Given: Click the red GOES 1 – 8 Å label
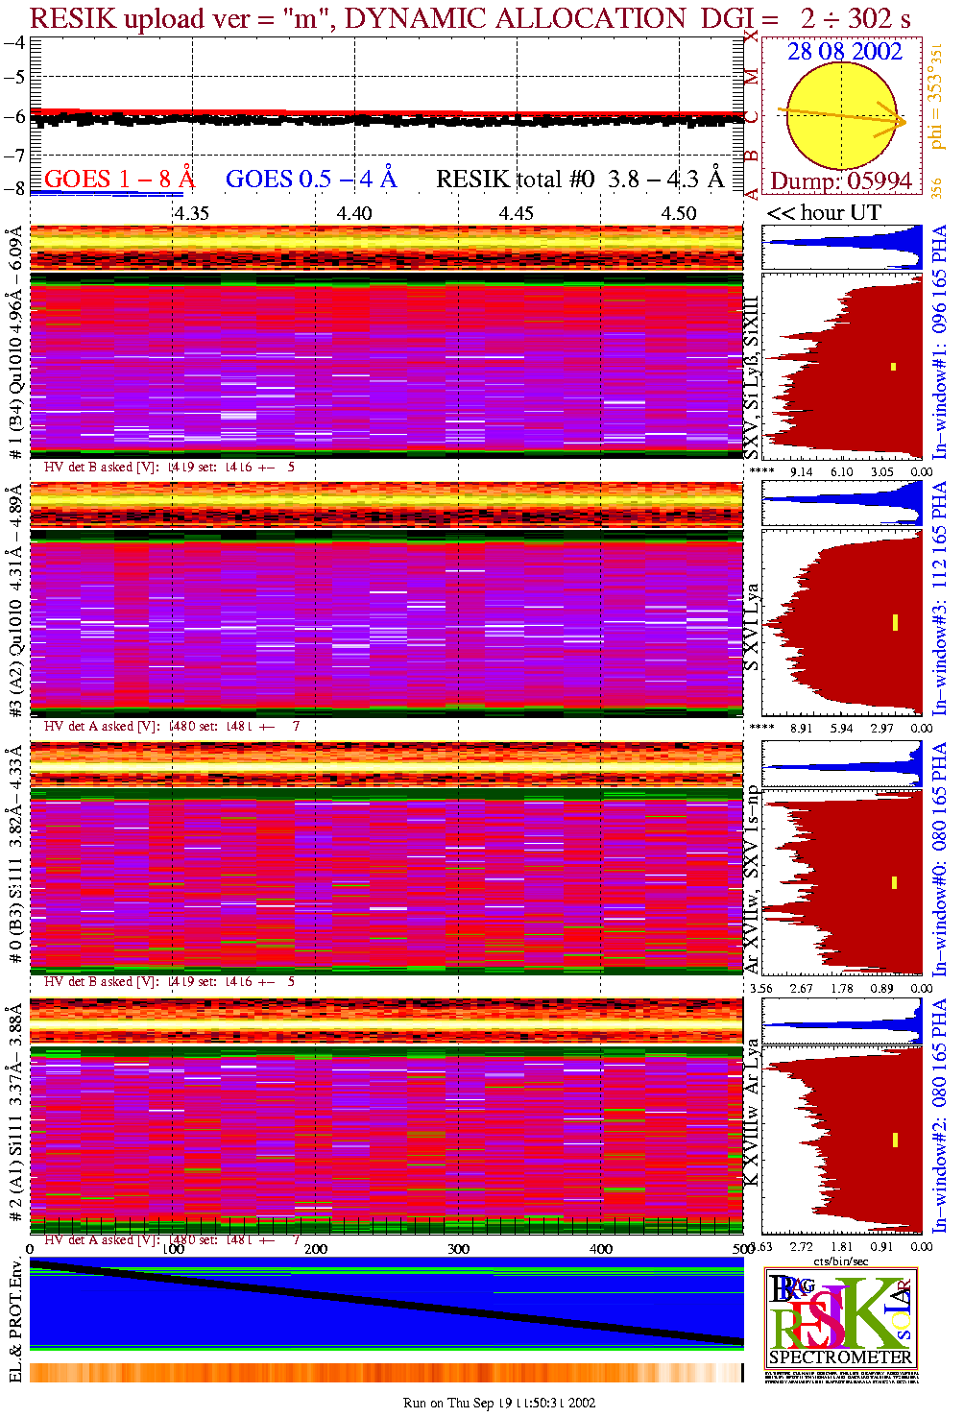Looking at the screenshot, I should tap(119, 180).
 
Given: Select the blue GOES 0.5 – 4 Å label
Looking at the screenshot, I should tap(311, 180).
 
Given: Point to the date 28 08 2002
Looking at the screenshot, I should tap(845, 52).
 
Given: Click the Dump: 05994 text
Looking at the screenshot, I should tap(841, 181).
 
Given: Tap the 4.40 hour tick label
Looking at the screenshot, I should tap(354, 213).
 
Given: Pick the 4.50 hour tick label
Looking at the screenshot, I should tap(679, 213).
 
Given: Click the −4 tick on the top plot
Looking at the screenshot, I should tap(14, 43).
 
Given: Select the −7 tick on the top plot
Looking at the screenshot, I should tap(14, 155).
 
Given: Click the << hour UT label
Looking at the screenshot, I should tap(824, 213).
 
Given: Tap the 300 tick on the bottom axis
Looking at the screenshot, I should tap(458, 1249).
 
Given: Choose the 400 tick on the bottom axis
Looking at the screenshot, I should tap(601, 1249).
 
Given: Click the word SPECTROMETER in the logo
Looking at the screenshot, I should tap(840, 1357).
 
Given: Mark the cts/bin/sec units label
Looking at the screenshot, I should tap(841, 1261).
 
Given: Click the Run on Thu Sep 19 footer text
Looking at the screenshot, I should tap(499, 1403).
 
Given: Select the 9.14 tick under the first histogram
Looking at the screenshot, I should tap(801, 471).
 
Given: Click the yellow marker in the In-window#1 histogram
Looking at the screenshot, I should tap(893, 366).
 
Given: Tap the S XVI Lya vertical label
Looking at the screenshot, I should tap(753, 626).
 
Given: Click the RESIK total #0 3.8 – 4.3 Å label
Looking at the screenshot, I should tap(580, 180).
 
